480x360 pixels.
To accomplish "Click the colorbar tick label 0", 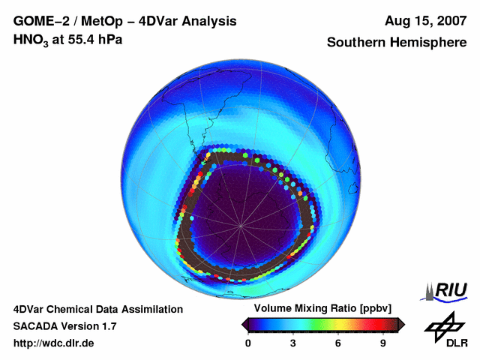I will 248,343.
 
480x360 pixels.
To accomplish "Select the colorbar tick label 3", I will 293,343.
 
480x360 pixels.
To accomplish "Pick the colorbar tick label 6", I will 338,343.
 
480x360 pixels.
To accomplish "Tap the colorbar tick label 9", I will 383,343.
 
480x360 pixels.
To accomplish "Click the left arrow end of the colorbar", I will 244,323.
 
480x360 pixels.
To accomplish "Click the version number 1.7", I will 108,326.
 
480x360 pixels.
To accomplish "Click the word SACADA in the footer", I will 36,326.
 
